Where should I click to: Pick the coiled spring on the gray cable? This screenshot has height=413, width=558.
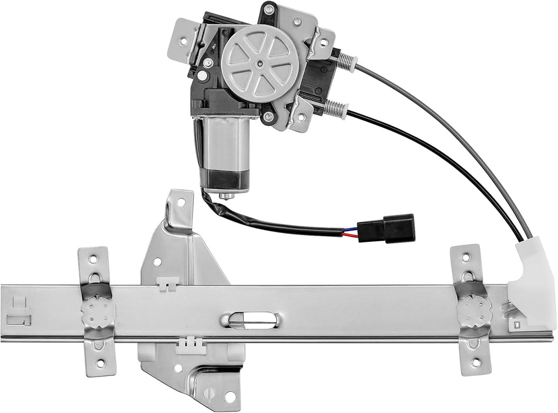point(347,61)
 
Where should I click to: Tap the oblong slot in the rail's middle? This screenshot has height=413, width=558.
point(253,320)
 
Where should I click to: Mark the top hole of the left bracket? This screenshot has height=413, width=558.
point(94,258)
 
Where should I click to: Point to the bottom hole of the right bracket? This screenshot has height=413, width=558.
point(475,362)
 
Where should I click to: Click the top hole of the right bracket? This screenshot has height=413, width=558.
point(466,257)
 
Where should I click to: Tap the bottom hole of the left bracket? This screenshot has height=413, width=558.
point(100,364)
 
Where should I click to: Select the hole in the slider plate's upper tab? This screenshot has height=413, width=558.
point(181,202)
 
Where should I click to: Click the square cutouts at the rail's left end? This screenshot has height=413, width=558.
point(19,312)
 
